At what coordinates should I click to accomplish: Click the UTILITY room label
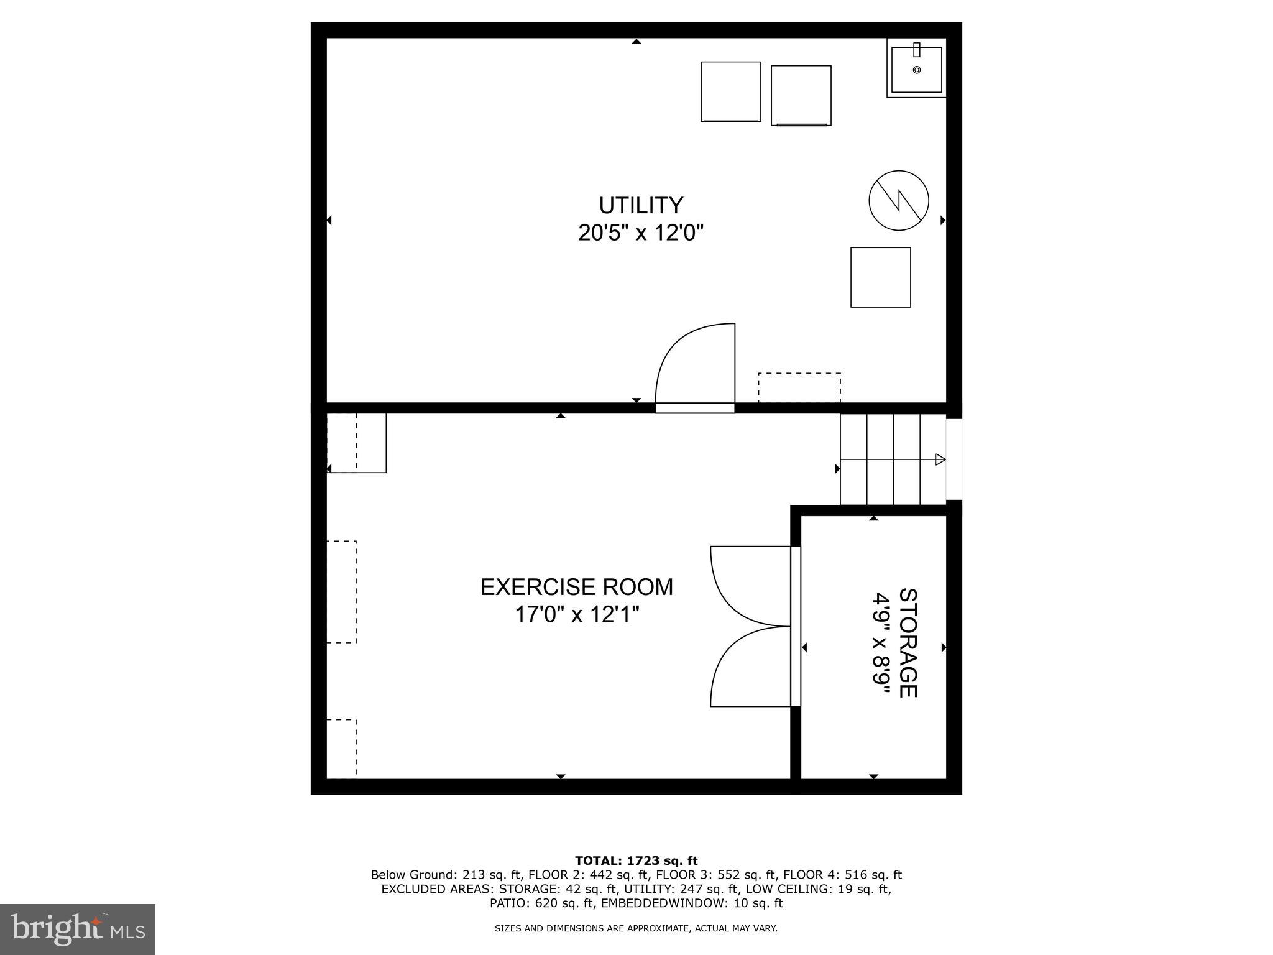(640, 205)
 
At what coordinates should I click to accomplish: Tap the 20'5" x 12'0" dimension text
(640, 233)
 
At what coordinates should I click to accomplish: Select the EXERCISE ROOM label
(576, 587)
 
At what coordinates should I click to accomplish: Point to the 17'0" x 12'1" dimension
(576, 615)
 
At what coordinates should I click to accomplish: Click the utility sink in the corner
(916, 69)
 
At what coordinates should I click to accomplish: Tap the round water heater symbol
(898, 200)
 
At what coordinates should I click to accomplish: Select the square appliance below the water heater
(880, 277)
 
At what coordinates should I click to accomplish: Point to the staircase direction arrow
(940, 459)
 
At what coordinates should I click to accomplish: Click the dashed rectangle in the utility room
(799, 387)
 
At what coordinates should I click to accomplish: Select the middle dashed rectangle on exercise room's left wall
(341, 591)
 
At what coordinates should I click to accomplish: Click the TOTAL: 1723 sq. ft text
(636, 861)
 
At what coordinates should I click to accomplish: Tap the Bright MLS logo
(78, 929)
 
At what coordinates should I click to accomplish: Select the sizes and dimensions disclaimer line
(636, 928)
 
